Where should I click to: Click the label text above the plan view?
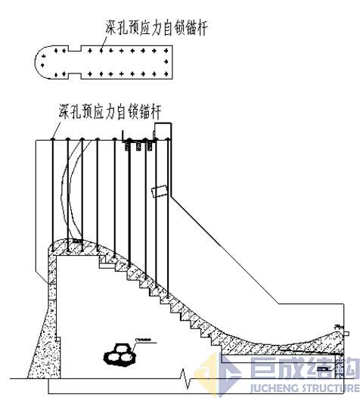click(155, 28)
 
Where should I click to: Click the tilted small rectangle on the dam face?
click(159, 191)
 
